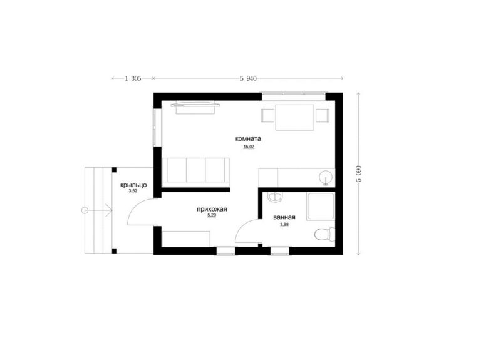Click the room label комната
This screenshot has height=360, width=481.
[248, 138]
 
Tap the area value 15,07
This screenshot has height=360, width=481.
[249, 147]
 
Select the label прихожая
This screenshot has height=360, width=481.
[212, 210]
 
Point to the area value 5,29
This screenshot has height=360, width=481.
[212, 215]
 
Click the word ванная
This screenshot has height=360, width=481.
[284, 217]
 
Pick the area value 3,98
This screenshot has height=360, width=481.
[284, 225]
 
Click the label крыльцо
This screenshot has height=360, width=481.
[133, 185]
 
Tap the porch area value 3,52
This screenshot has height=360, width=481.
[133, 191]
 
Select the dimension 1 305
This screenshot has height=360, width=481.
[133, 78]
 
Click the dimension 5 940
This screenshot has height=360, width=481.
[248, 78]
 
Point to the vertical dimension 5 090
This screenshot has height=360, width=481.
[358, 173]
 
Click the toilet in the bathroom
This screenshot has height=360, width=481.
[324, 234]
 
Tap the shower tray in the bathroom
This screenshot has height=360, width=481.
[320, 206]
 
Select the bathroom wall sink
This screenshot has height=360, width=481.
[275, 197]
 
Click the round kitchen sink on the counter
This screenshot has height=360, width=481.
[326, 178]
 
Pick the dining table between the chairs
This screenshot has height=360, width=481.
[295, 118]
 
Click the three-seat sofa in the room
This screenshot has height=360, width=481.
[195, 172]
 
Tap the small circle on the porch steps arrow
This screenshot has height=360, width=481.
[85, 210]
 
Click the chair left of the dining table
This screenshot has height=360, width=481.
[267, 116]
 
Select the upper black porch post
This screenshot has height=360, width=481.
[115, 170]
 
